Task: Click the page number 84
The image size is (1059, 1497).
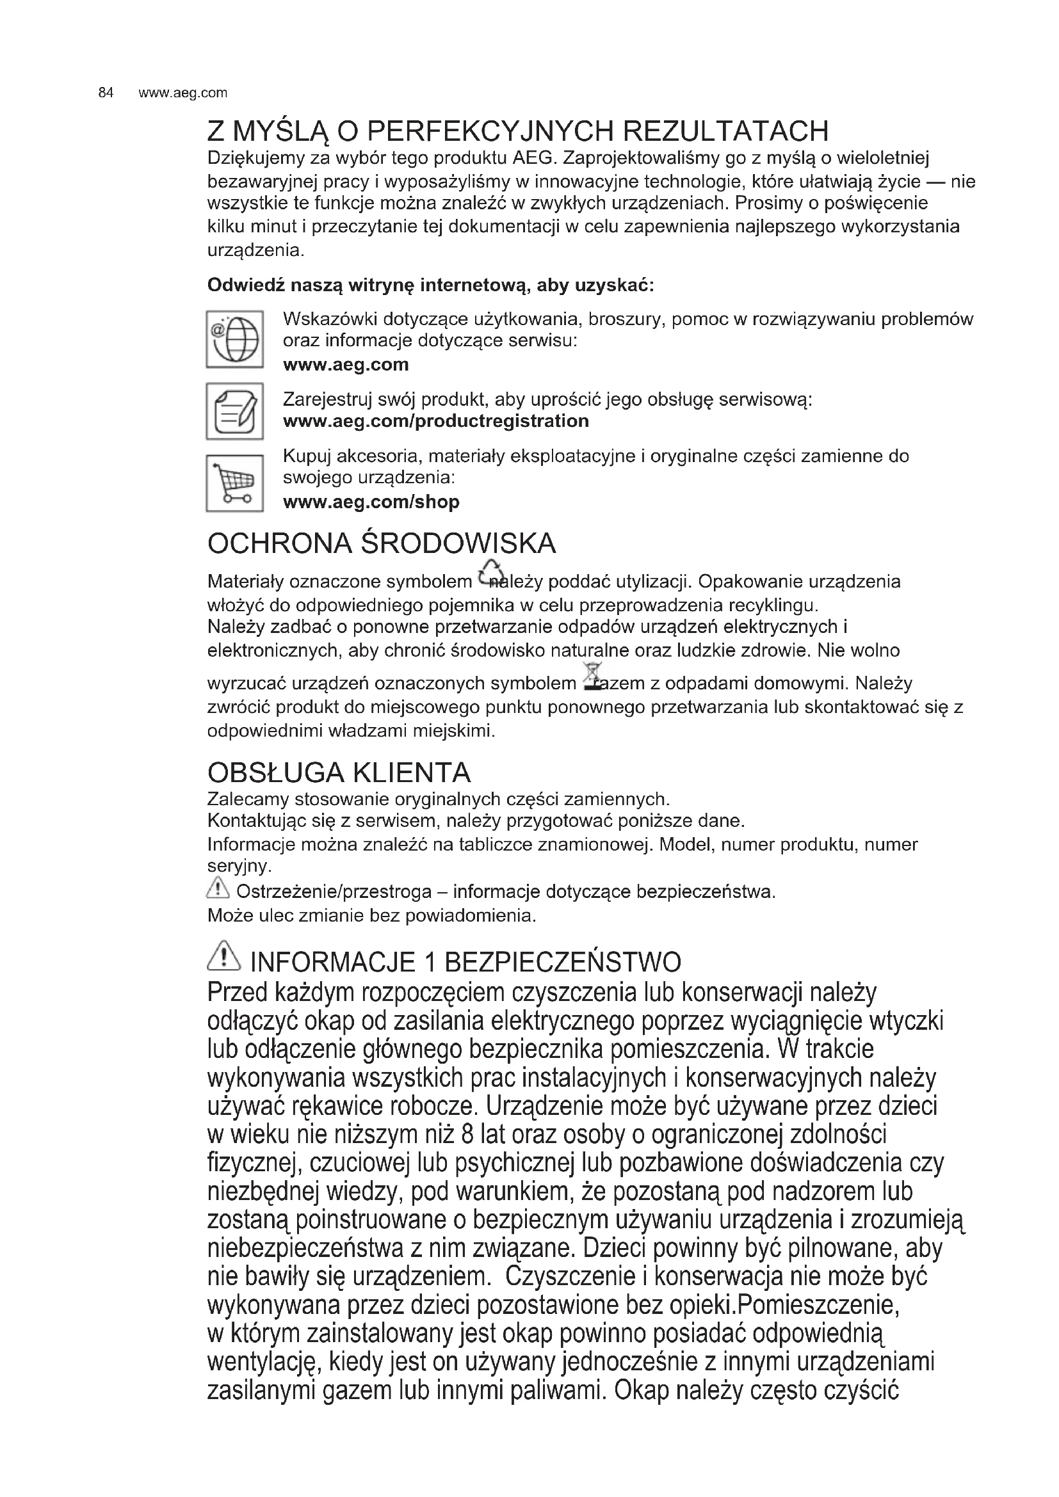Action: tap(106, 93)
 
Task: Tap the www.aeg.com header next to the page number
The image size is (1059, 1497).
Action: tap(183, 93)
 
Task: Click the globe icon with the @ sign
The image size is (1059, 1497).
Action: tap(235, 339)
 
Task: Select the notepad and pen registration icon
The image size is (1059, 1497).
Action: tap(235, 411)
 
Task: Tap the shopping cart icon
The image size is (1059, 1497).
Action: tap(235, 483)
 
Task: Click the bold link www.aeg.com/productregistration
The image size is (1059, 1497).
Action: tap(435, 421)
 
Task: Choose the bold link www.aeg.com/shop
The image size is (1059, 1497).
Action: tap(371, 502)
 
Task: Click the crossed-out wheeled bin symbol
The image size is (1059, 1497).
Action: tap(593, 675)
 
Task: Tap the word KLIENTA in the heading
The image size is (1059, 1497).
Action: tap(411, 773)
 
